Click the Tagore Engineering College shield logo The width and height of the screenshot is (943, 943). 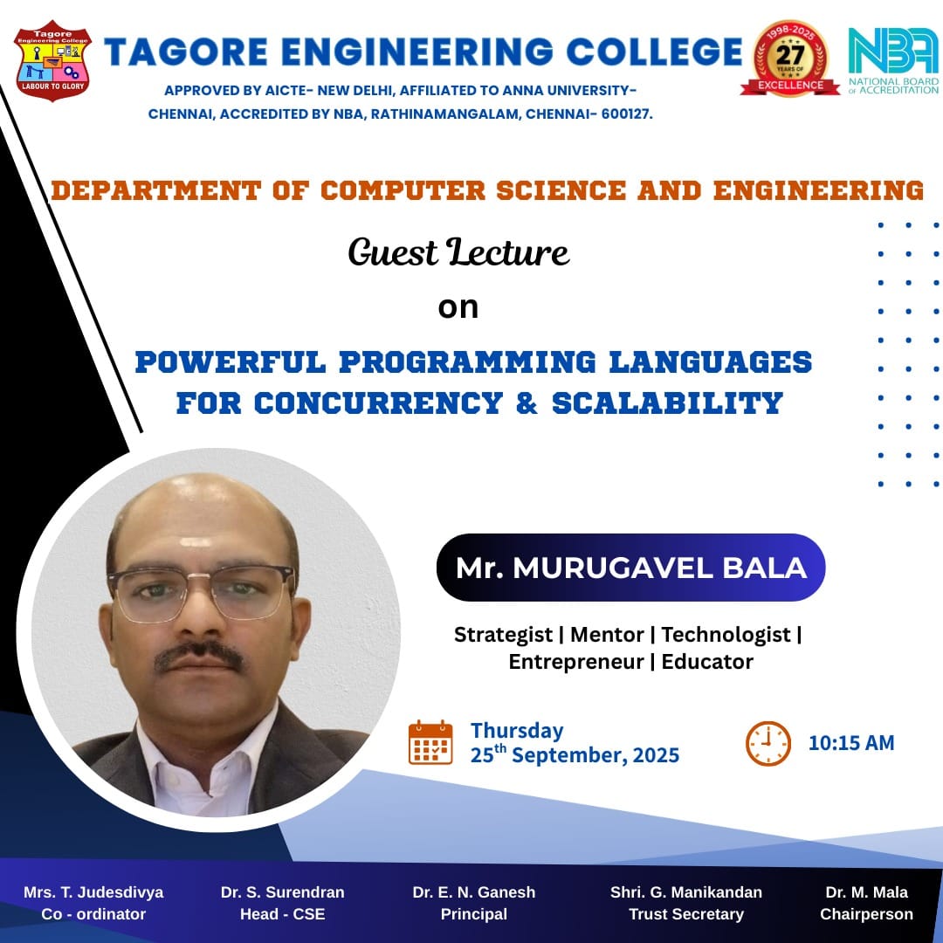[53, 61]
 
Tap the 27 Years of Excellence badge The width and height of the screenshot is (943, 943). [789, 59]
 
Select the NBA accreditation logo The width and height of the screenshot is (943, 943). [893, 61]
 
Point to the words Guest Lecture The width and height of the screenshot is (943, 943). [458, 251]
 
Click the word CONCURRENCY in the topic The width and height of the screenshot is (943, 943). [378, 403]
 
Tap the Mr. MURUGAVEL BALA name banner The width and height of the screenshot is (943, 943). [631, 568]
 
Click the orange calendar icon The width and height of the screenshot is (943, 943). [430, 742]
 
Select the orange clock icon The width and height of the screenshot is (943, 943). [768, 743]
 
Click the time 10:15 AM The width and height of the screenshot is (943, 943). [851, 743]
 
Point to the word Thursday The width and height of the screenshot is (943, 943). [517, 731]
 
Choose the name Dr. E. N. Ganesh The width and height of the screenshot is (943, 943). [474, 891]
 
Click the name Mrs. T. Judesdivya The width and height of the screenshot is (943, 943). [93, 891]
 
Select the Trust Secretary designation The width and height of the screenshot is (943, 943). [686, 914]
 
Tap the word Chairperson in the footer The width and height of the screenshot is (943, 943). [866, 914]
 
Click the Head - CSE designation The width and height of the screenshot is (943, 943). [283, 914]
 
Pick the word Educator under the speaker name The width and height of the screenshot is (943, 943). [707, 662]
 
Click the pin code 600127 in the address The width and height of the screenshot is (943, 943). [626, 114]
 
